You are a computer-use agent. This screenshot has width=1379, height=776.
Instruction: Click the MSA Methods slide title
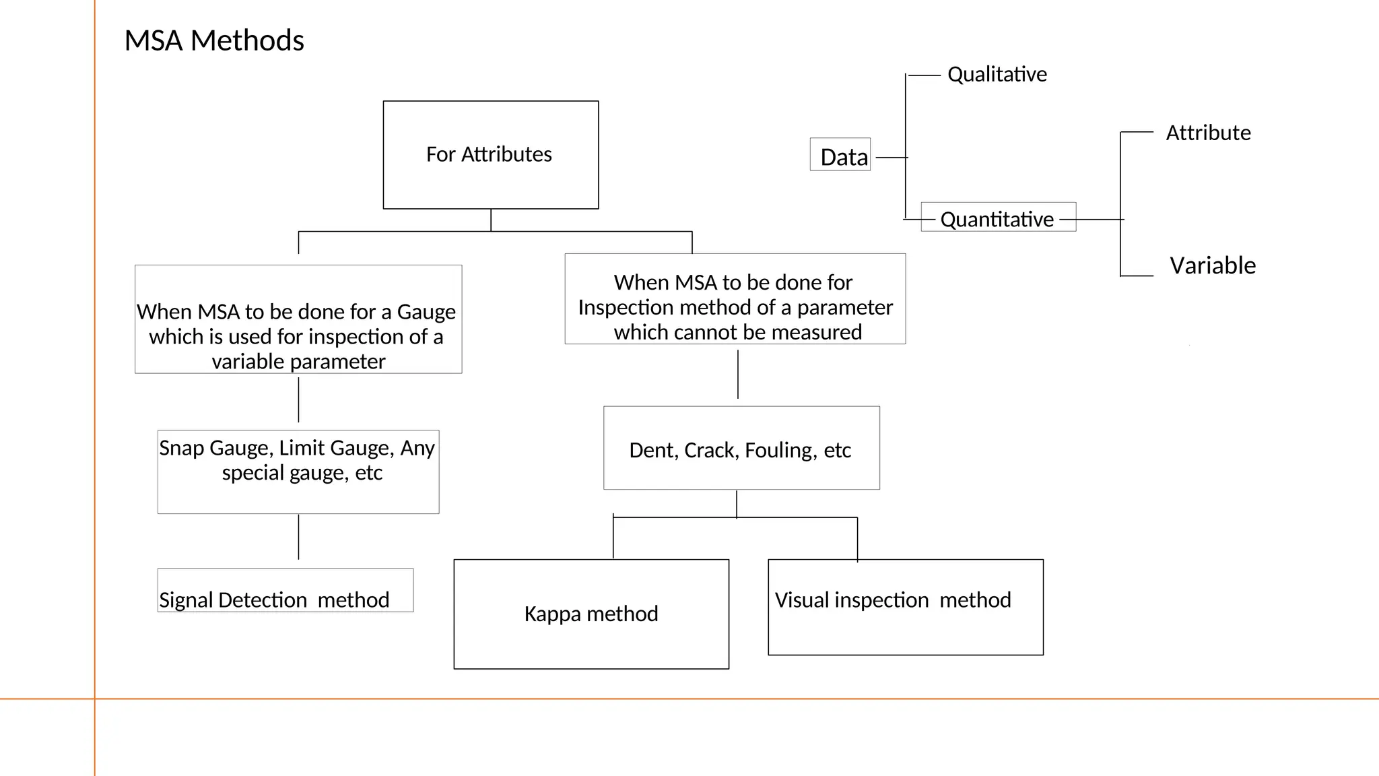(214, 40)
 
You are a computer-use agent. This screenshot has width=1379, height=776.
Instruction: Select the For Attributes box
(490, 154)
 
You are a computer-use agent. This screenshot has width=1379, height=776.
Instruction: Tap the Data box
(840, 155)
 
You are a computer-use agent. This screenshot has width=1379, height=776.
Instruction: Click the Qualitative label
(997, 74)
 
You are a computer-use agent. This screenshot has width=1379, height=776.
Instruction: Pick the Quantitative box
(997, 218)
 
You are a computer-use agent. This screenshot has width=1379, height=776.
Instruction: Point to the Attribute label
(1208, 133)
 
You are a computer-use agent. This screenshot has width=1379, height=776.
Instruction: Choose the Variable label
(1212, 265)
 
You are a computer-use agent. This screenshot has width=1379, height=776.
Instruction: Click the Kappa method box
(591, 614)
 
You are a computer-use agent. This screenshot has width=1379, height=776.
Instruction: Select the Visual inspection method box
(905, 606)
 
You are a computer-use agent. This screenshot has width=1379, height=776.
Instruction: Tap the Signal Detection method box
(285, 591)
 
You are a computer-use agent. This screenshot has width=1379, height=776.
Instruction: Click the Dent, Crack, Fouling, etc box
(741, 449)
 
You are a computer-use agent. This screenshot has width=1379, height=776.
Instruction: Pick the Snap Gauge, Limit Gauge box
(298, 472)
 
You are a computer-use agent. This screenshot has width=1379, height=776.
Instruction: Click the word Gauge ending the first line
(426, 312)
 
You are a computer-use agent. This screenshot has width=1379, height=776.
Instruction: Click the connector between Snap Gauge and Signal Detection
(298, 538)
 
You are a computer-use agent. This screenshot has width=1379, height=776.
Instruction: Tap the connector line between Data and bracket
(891, 158)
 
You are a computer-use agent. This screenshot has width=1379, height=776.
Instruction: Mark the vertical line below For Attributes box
(491, 220)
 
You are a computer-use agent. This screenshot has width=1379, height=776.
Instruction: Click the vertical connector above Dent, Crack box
(738, 375)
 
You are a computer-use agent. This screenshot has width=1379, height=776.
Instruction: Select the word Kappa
(553, 614)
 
